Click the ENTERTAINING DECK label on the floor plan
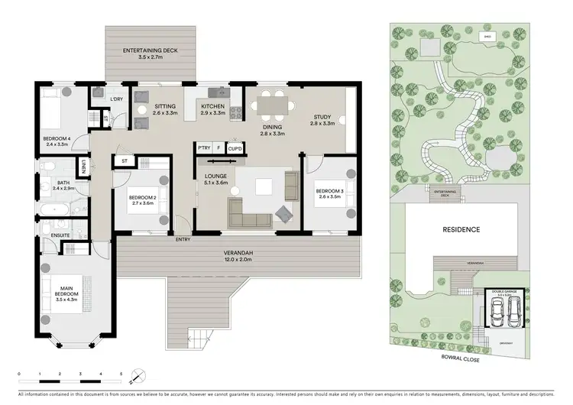[x=151, y=51]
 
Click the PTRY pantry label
[x=204, y=147]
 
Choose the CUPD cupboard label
[x=235, y=147]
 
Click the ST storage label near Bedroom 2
[x=124, y=160]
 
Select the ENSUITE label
[x=50, y=235]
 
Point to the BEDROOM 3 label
[x=328, y=191]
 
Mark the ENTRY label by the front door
[x=183, y=240]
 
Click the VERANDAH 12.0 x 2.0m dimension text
[x=238, y=260]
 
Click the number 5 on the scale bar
[x=121, y=374]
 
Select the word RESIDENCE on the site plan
[x=461, y=229]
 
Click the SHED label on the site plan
[x=487, y=36]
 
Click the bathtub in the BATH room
[x=57, y=208]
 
